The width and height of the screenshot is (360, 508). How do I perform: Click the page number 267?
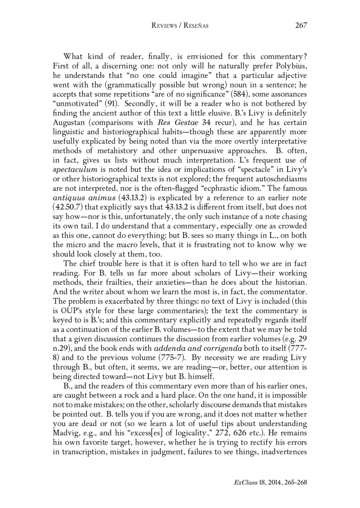click(x=301, y=25)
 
